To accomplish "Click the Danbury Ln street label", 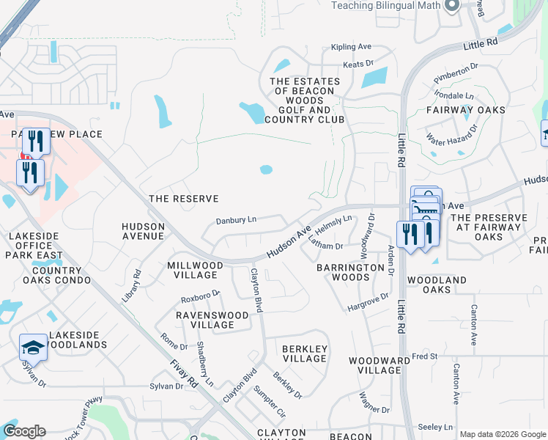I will click(236, 219).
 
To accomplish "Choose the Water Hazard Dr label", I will click(451, 133).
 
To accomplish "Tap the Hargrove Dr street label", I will click(368, 301).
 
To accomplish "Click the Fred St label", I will click(424, 356).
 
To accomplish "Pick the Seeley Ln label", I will click(434, 427).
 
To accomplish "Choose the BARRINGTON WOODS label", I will click(350, 272).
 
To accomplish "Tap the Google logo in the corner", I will click(23, 431).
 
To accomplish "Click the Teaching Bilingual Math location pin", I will click(451, 6).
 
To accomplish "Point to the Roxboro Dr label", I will click(201, 296).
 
